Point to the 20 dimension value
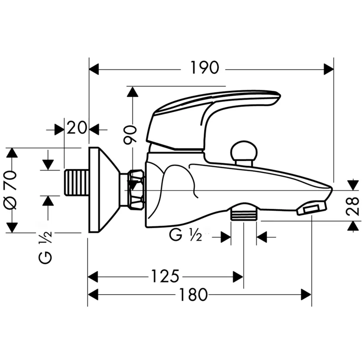click(x=77, y=128)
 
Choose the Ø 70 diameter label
click(x=11, y=190)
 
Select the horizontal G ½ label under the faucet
click(x=185, y=236)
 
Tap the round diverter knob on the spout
click(x=244, y=151)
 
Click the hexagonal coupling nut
click(x=136, y=189)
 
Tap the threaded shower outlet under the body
click(x=244, y=213)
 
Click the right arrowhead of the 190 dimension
click(x=329, y=69)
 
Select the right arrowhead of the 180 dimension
click(x=306, y=294)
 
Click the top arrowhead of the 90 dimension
click(x=132, y=92)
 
